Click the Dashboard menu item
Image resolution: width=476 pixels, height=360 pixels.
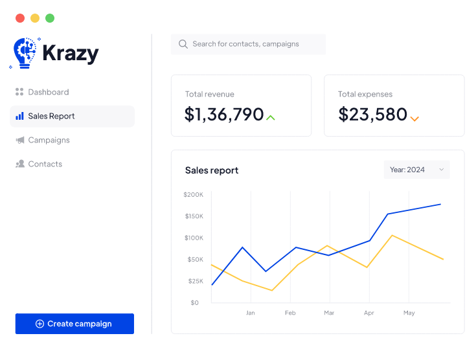pyautogui.click(x=48, y=92)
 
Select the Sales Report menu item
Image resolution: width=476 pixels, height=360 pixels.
pyautogui.click(x=51, y=116)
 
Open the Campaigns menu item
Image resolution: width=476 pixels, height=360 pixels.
pyautogui.click(x=49, y=140)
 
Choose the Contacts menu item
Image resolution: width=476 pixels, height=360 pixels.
pyautogui.click(x=45, y=164)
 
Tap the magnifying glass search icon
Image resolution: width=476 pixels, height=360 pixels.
pyautogui.click(x=183, y=44)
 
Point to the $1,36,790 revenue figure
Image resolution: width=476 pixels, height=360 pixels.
pyautogui.click(x=224, y=115)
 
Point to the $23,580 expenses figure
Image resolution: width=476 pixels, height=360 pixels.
pyautogui.click(x=372, y=115)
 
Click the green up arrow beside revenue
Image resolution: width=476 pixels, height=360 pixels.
pyautogui.click(x=271, y=117)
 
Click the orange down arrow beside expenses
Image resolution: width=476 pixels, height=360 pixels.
pyautogui.click(x=414, y=118)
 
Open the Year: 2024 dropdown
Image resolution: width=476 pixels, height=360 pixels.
pyautogui.click(x=416, y=170)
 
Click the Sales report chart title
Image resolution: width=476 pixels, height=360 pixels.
pyautogui.click(x=212, y=170)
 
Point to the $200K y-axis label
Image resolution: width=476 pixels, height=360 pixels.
pyautogui.click(x=193, y=194)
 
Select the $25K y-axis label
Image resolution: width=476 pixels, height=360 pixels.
pyautogui.click(x=195, y=281)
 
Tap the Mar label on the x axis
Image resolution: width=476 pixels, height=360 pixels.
pyautogui.click(x=329, y=313)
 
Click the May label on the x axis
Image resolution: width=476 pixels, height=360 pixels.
pyautogui.click(x=409, y=313)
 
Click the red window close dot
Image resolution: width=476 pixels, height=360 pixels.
pyautogui.click(x=20, y=18)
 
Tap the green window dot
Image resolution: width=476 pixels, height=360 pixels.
pyautogui.click(x=50, y=18)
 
